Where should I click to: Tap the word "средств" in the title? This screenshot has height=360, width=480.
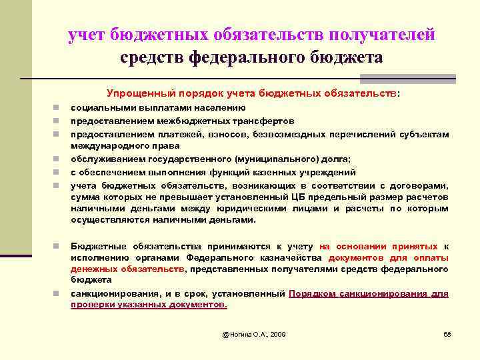click(x=152, y=57)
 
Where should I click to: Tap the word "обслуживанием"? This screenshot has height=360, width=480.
click(x=104, y=159)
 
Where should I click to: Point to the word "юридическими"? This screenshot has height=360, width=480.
click(x=225, y=209)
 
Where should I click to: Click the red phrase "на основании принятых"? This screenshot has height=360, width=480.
click(x=379, y=246)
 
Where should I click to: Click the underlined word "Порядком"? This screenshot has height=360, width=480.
click(x=313, y=293)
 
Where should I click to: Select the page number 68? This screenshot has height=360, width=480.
click(x=447, y=333)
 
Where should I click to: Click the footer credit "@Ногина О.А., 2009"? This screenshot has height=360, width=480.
click(x=254, y=333)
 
